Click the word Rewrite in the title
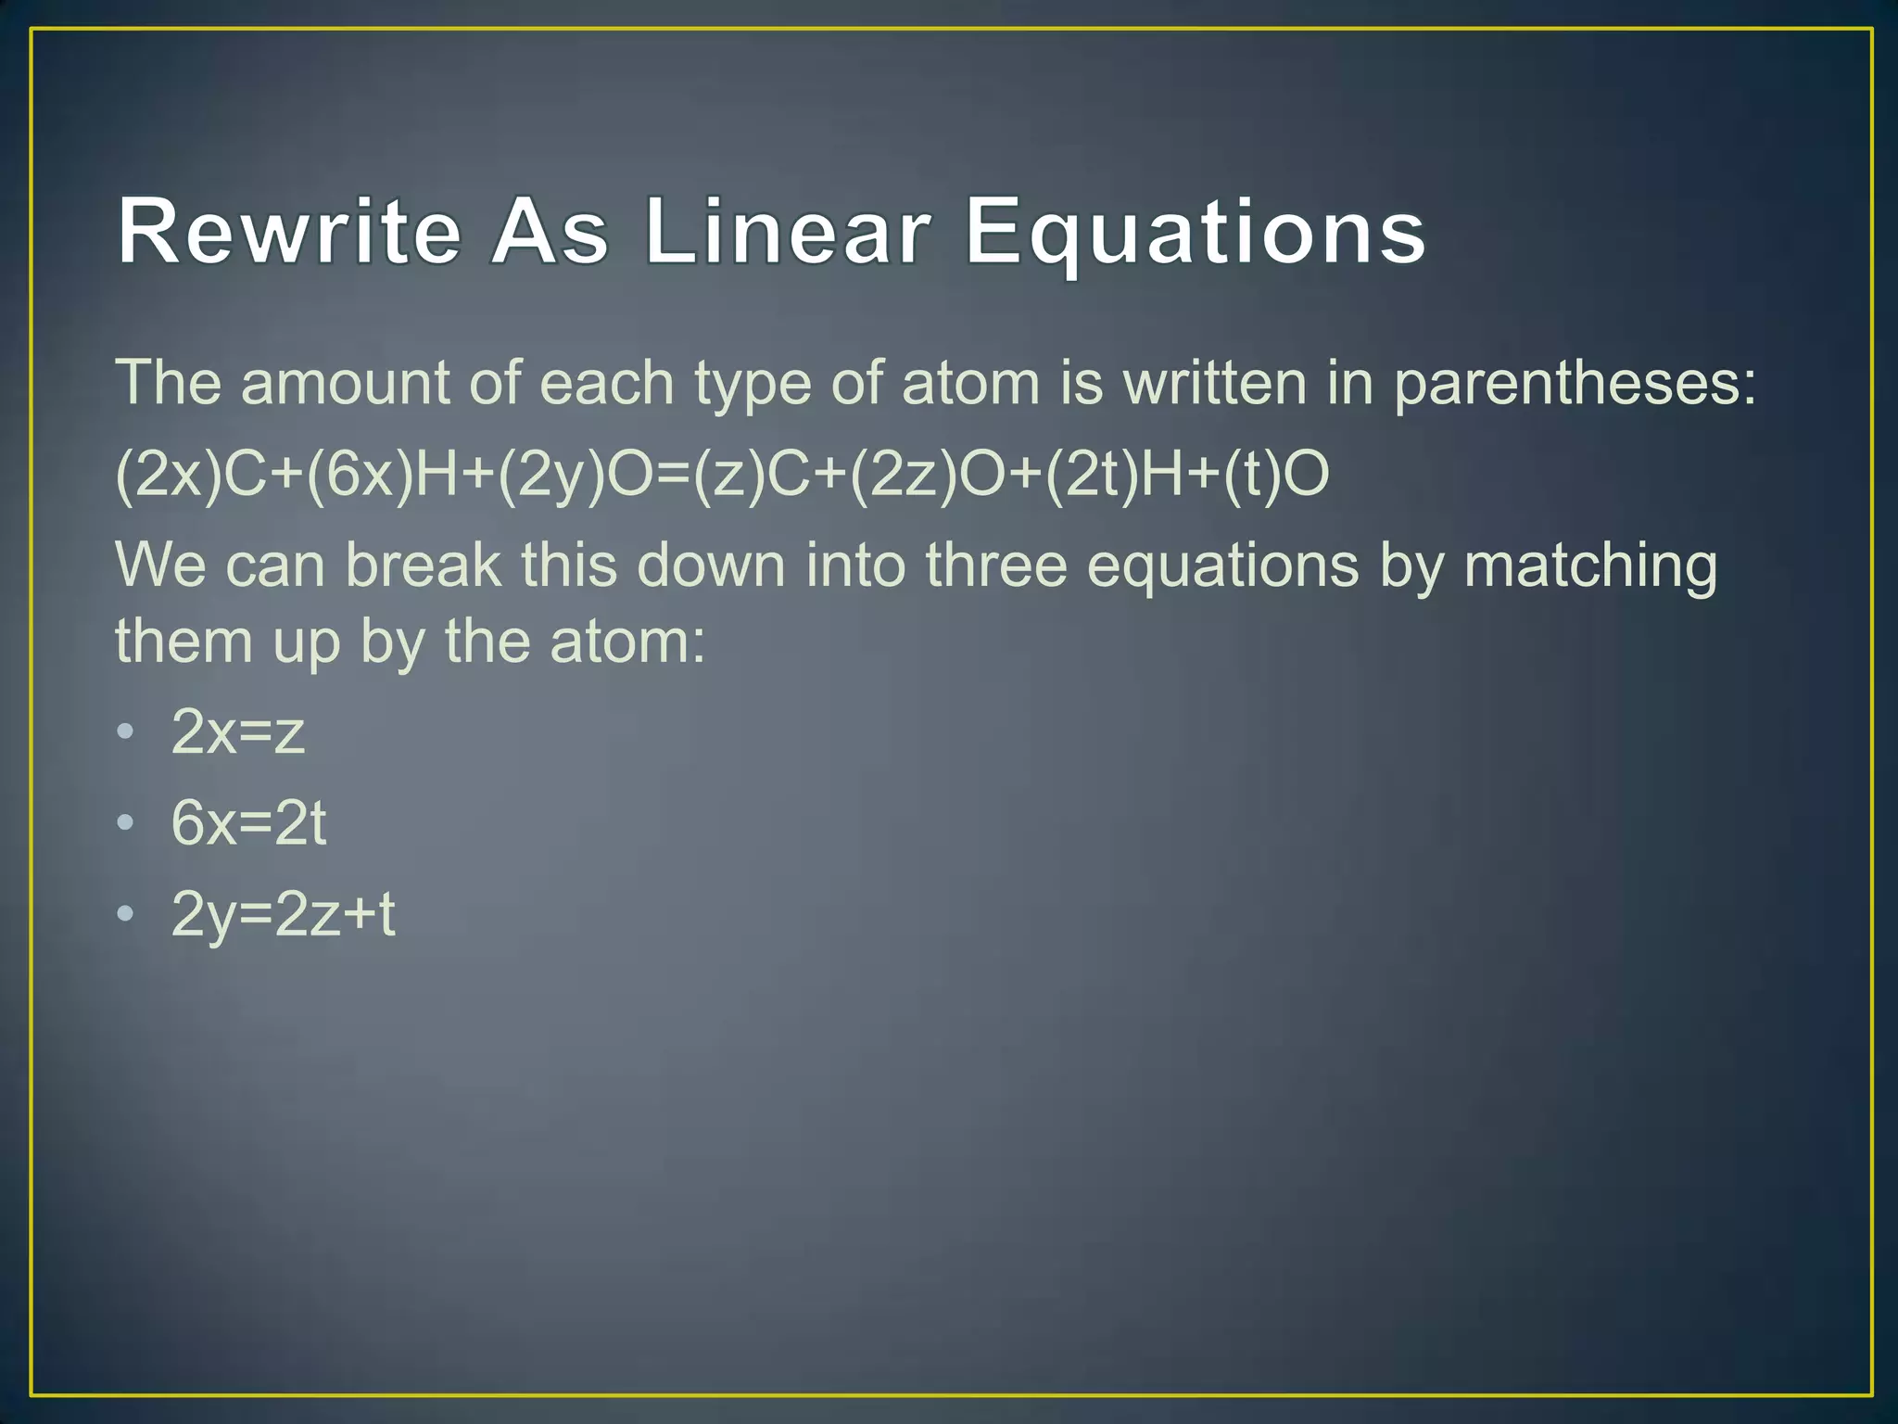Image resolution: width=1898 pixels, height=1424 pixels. coord(289,232)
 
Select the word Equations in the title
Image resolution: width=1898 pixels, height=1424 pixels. coord(1196,232)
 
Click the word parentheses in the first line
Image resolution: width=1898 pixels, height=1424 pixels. coord(1575,383)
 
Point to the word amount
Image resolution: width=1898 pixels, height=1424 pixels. coord(344,383)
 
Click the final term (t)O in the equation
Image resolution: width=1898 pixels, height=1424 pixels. coord(1276,474)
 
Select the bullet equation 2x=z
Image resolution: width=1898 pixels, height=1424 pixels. coord(238,732)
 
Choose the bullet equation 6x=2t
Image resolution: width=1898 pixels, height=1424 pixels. coord(248,823)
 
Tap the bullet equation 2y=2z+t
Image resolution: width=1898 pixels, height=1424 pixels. coord(284,914)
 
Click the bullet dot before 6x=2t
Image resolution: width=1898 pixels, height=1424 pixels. coord(126,822)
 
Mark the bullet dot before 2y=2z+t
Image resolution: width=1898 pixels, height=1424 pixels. coord(126,913)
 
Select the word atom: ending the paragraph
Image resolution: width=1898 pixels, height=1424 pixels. coord(627,641)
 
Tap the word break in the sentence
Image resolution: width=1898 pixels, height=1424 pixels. coord(423,566)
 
